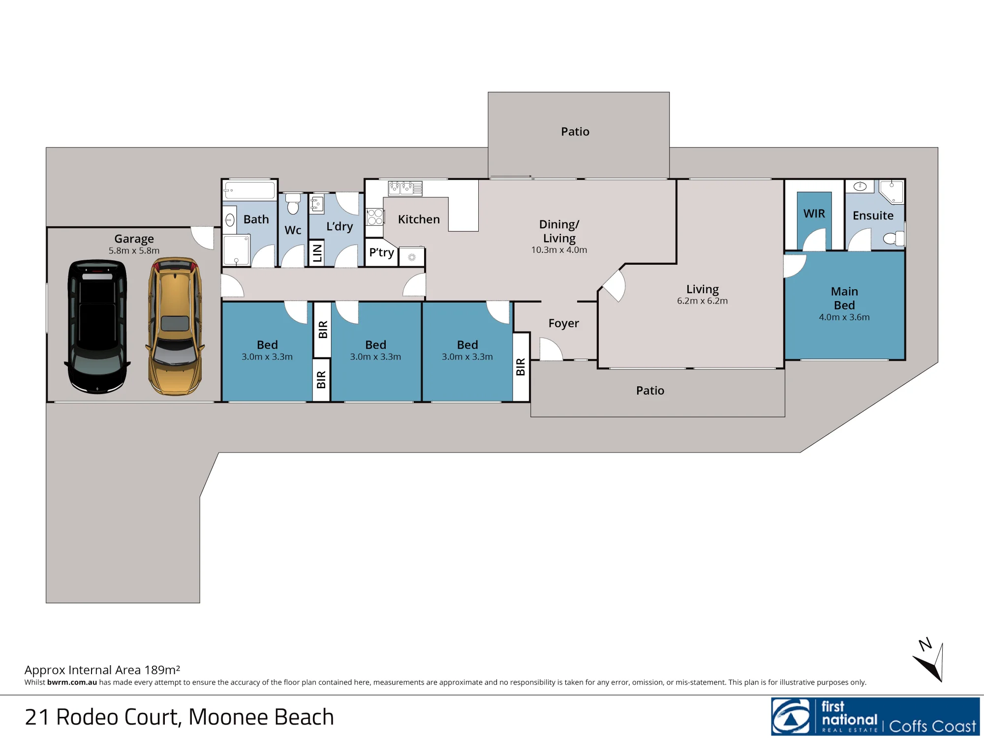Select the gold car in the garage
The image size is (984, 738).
coord(175,326)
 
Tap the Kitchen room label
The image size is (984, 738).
coord(419,219)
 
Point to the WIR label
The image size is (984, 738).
coord(814,214)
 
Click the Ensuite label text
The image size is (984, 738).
coord(873,215)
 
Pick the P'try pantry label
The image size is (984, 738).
coord(381,252)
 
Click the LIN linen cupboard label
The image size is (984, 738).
coord(317,253)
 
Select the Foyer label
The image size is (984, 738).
coord(564,323)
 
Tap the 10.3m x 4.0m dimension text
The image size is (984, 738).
coord(559,250)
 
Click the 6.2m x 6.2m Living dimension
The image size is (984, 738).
coord(702,301)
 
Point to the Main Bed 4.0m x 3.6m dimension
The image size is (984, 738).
coord(844,317)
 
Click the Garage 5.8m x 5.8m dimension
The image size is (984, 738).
coord(134,250)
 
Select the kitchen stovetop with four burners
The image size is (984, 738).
coord(375,217)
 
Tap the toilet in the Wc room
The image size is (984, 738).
coord(293,204)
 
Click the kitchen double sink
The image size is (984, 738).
coord(405,188)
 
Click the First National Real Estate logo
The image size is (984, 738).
coord(875,716)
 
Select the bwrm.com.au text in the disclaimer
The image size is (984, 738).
coord(72,682)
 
